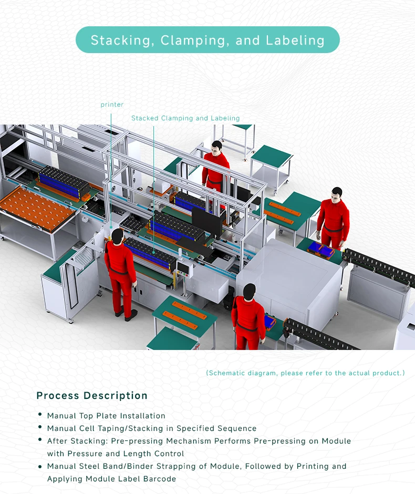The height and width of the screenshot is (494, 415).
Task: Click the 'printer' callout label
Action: (112, 105)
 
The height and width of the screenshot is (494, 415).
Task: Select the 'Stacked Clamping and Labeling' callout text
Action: (185, 118)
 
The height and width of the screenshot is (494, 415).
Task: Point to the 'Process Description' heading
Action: (92, 396)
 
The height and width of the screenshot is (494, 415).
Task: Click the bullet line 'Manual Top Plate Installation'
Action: (106, 416)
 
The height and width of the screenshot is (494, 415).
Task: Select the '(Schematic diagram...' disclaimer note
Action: (305, 373)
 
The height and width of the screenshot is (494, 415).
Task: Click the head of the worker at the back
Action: (216, 146)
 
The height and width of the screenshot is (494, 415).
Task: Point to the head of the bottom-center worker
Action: (249, 290)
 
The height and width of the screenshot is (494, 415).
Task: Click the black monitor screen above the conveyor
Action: (206, 221)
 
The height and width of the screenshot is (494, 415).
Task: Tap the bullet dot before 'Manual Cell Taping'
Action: (40, 427)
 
